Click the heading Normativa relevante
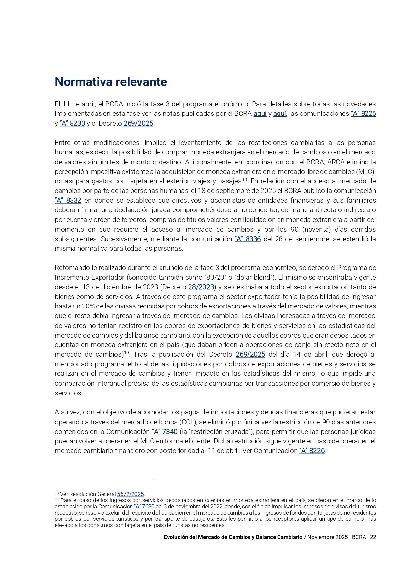tap(111, 82)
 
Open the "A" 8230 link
tap(73, 123)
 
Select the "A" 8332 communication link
tap(68, 200)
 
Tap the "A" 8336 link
tap(248, 239)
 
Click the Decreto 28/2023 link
tap(201, 287)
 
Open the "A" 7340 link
tap(164, 432)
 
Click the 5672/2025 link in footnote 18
tap(131, 494)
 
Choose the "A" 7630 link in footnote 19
tap(144, 506)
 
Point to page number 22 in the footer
tap(373, 537)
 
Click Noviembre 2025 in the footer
tap(328, 537)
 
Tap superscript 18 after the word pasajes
tap(245, 179)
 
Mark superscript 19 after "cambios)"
tap(126, 353)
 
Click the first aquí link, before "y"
tap(260, 114)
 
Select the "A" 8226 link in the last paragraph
tap(312, 451)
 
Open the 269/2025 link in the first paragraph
tap(138, 123)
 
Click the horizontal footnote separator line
tap(104, 478)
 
